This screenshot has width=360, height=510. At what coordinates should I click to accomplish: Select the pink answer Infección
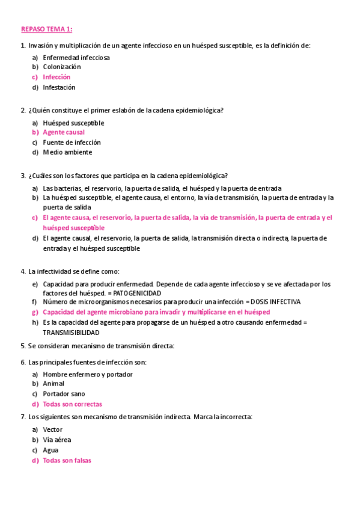[56, 77]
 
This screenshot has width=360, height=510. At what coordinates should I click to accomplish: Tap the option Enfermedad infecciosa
[76, 58]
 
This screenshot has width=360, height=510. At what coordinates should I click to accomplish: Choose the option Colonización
[62, 67]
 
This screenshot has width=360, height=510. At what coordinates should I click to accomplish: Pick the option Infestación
[59, 87]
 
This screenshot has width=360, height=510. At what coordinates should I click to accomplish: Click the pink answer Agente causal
[64, 132]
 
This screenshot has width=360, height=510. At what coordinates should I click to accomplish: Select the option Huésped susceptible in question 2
[73, 123]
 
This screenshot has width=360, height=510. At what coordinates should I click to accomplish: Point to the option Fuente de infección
[72, 143]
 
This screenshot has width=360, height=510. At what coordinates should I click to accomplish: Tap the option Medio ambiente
[67, 152]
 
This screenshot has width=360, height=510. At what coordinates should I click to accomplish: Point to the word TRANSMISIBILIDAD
[71, 332]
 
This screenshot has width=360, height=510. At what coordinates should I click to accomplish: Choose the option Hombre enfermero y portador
[88, 374]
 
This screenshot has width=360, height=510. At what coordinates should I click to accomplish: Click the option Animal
[53, 384]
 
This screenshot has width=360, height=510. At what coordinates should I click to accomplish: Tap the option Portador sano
[64, 394]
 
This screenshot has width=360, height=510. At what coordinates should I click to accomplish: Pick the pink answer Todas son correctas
[72, 404]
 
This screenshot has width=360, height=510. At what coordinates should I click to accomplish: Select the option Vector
[52, 430]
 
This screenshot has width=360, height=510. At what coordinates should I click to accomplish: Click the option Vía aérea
[56, 440]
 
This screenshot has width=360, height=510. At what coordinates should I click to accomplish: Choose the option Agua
[50, 450]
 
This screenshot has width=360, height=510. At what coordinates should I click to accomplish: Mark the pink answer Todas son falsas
[67, 460]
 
